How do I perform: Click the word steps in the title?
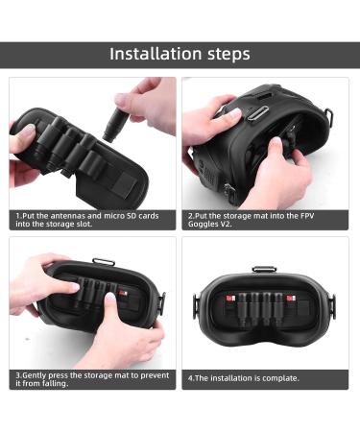223,54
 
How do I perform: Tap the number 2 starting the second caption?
189,215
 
